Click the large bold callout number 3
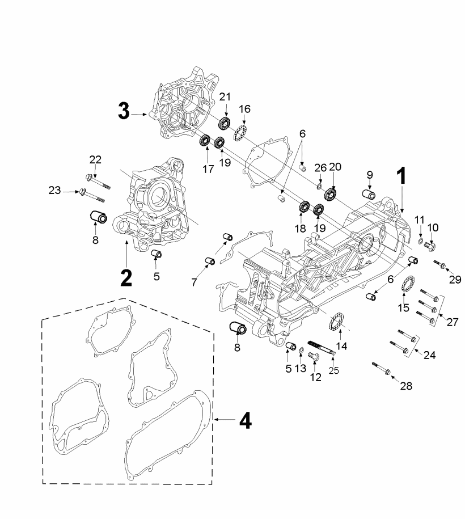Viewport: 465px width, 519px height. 124,111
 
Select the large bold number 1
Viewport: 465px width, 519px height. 401,176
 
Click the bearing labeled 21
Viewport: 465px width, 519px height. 225,123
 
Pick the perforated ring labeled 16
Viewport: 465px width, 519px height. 241,133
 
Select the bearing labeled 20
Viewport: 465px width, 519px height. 330,193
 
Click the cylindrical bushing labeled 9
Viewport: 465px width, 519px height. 369,195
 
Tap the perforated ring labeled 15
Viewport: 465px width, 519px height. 408,284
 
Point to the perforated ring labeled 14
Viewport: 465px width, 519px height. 336,320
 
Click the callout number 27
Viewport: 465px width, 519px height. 452,322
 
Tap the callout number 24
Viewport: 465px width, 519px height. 430,355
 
